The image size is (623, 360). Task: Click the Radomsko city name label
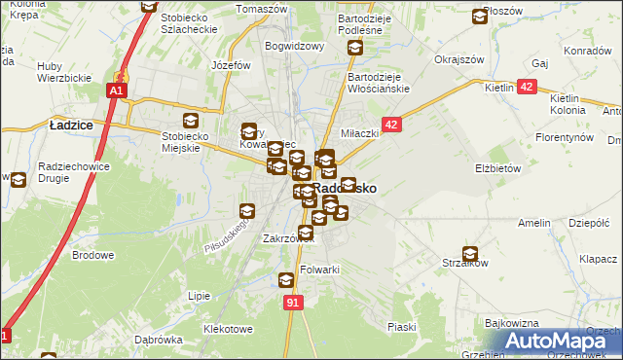click(346, 188)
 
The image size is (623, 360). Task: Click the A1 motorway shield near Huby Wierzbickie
click(116, 90)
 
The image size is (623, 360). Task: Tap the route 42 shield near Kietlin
click(527, 88)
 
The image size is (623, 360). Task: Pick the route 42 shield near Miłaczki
click(391, 125)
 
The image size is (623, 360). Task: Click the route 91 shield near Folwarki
click(293, 304)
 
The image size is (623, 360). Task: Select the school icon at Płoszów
click(480, 17)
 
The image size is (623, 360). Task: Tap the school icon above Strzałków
click(471, 253)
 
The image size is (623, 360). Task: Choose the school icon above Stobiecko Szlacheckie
click(148, 6)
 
